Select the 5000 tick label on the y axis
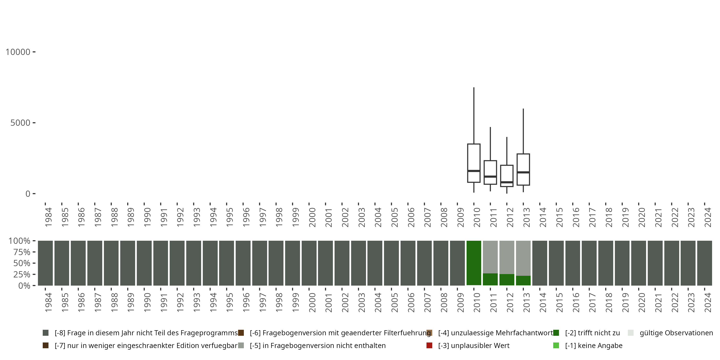click(x=20, y=123)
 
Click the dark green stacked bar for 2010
click(x=474, y=263)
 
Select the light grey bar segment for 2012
click(x=507, y=257)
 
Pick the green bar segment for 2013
click(x=523, y=281)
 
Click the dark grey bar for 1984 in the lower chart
click(x=45, y=263)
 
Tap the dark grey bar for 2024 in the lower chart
click(x=704, y=263)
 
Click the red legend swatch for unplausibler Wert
click(x=429, y=345)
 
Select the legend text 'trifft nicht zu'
click(x=592, y=333)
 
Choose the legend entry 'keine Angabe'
click(x=594, y=345)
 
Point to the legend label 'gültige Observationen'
click(x=676, y=333)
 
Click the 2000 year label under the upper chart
click(x=312, y=217)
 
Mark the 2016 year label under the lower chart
click(x=576, y=302)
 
